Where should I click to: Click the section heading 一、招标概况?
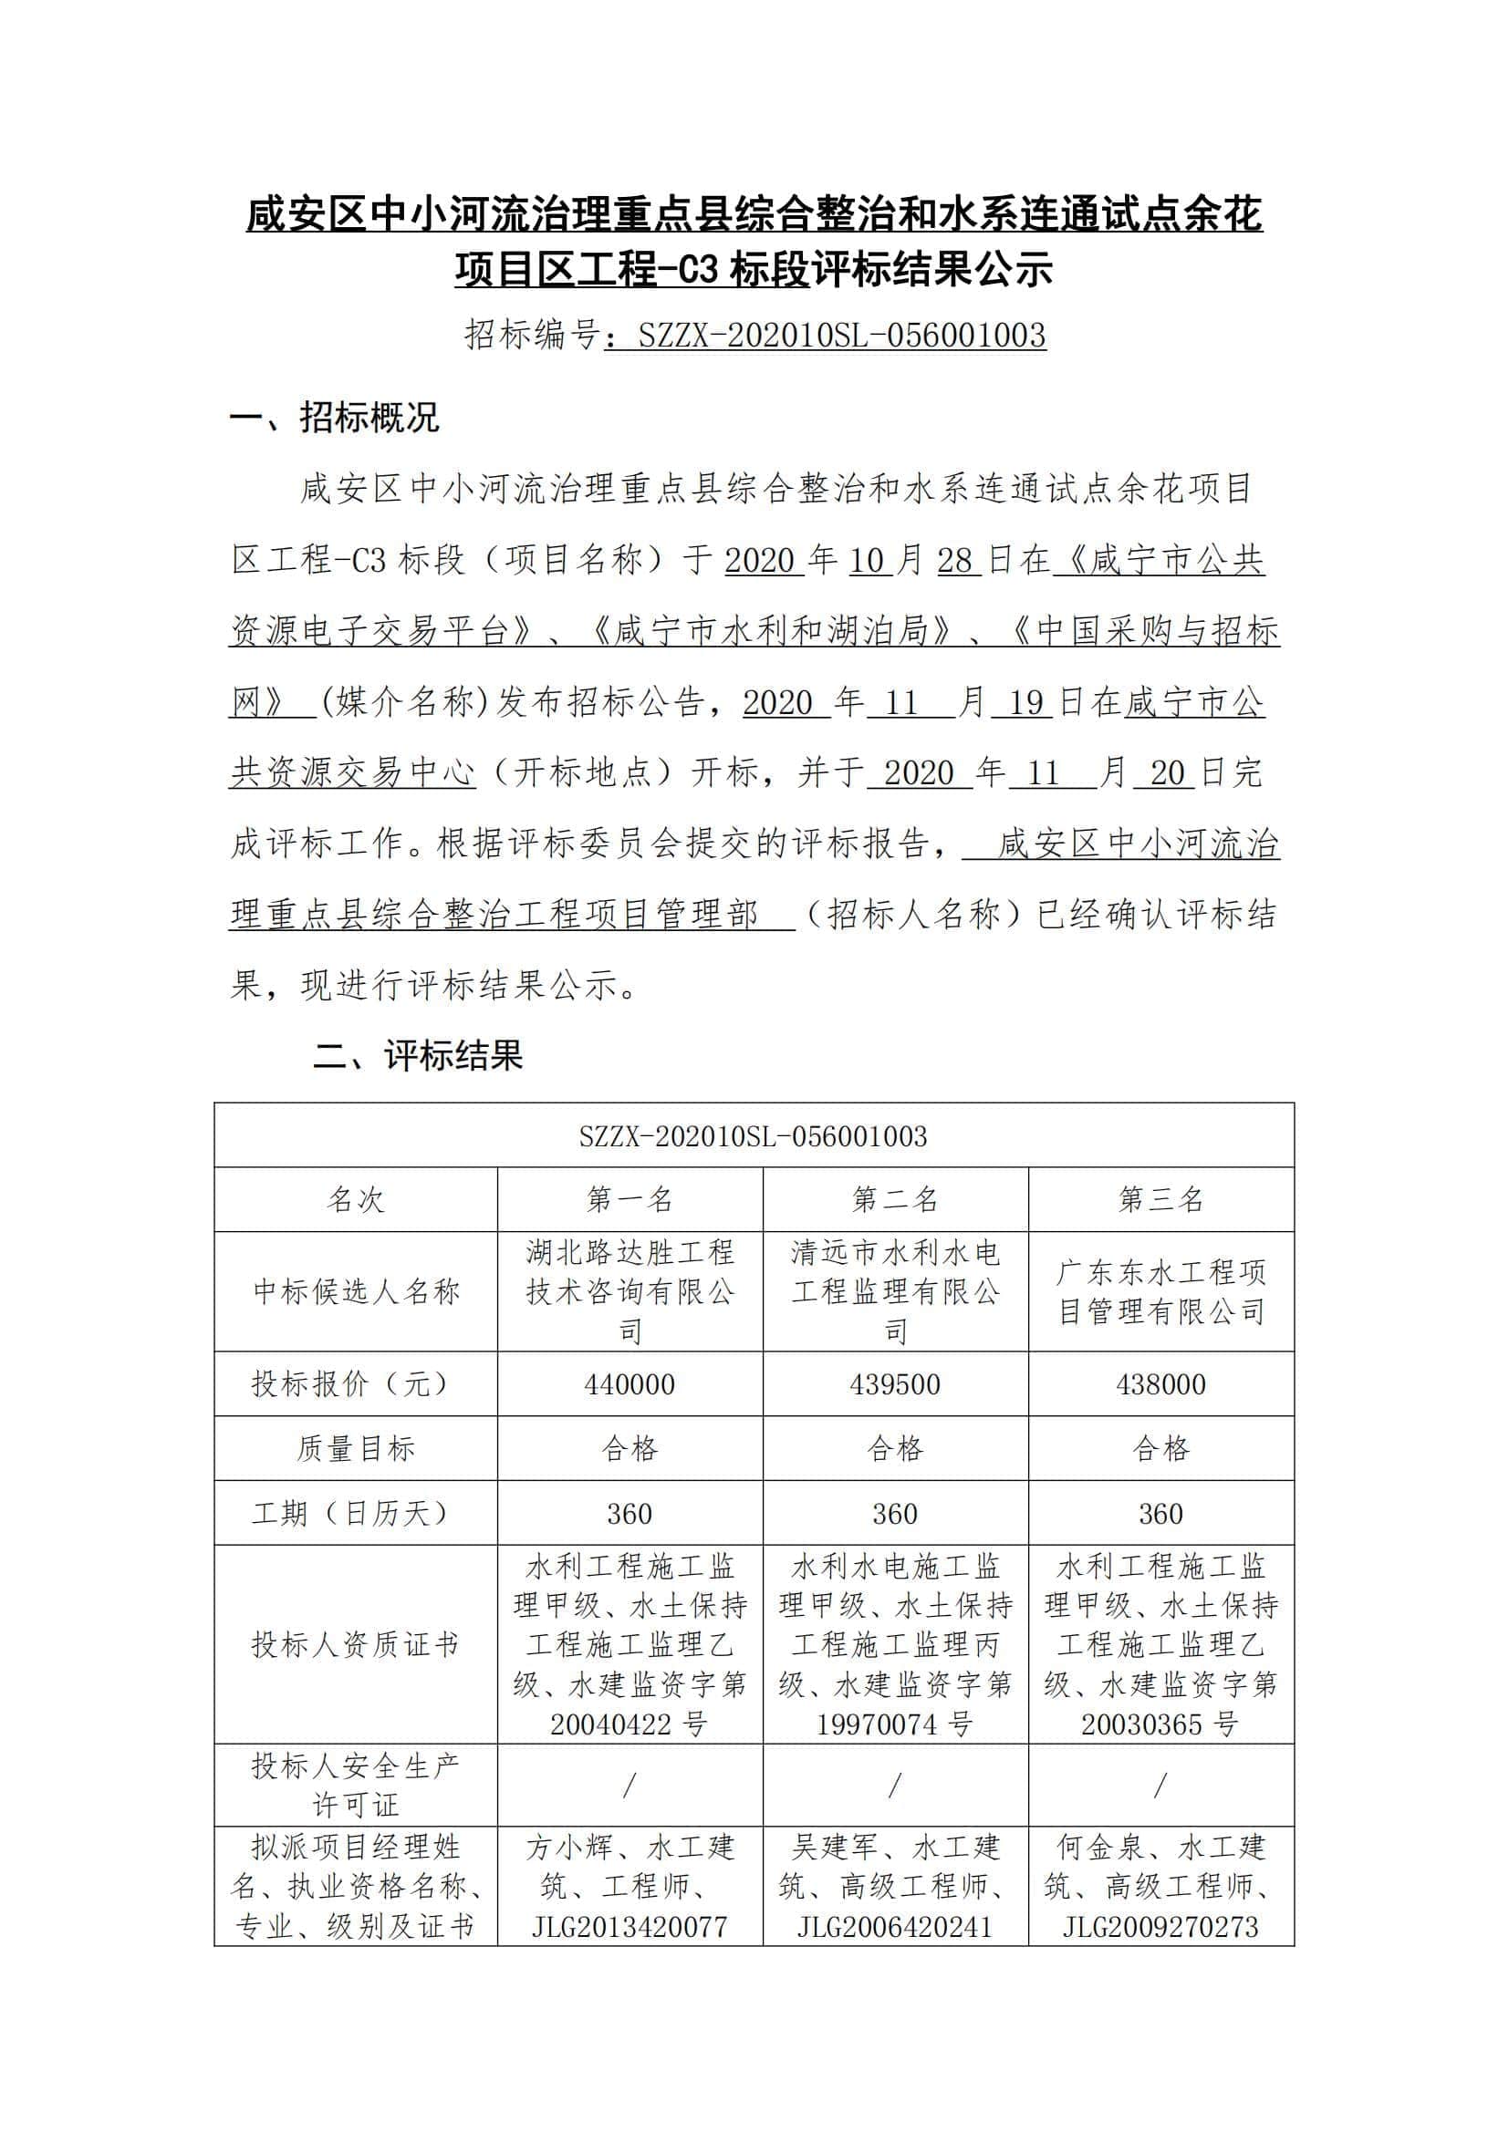point(334,418)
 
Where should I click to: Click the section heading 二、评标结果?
point(417,1055)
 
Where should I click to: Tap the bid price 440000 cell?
point(630,1384)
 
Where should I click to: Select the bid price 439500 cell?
point(895,1384)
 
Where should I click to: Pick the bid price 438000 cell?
point(1160,1384)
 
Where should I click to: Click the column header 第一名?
point(630,1199)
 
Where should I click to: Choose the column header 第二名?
point(895,1199)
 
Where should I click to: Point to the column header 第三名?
point(1160,1199)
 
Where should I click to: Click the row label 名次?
point(355,1199)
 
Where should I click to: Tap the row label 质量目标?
point(355,1448)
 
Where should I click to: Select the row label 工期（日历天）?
point(355,1514)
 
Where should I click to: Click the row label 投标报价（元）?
point(355,1384)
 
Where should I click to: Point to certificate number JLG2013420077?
point(630,1927)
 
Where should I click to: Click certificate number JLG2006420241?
point(895,1927)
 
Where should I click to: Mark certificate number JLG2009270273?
point(1160,1927)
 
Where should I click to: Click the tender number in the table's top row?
point(753,1136)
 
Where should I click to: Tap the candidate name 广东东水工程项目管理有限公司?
point(1160,1291)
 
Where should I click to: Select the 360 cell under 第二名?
point(895,1514)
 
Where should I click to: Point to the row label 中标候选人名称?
point(355,1291)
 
